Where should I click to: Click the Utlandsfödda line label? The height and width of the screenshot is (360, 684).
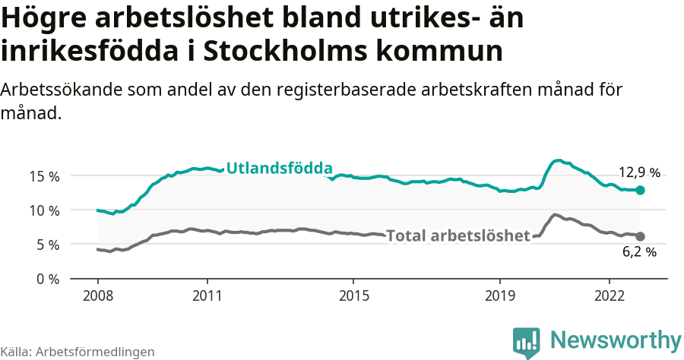click(279, 168)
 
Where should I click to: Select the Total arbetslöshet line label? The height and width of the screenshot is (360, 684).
click(458, 236)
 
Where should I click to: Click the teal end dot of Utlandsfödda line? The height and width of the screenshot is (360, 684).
click(640, 190)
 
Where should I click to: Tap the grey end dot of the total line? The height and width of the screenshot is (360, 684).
click(640, 236)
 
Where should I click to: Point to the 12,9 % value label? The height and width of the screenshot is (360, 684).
click(638, 172)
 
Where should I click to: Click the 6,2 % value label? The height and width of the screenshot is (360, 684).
click(638, 252)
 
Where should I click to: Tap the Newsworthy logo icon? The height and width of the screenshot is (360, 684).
click(527, 341)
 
